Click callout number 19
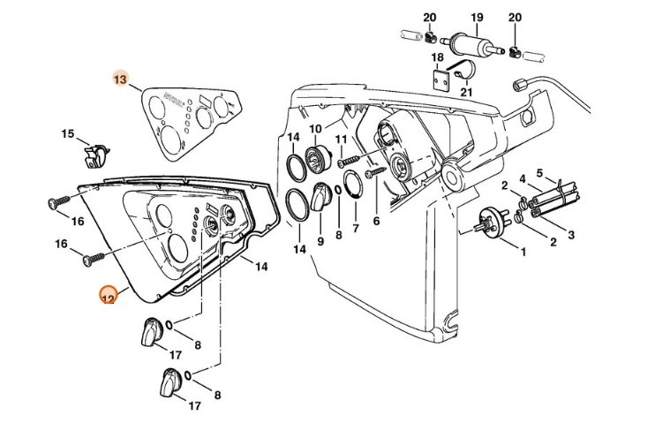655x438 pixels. [x=476, y=17]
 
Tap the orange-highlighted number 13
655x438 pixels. [x=120, y=79]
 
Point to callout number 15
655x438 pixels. [x=68, y=134]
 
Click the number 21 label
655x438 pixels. [x=467, y=92]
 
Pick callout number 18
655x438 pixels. [x=437, y=58]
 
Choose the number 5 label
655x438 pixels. [x=540, y=174]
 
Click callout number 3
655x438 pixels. [x=572, y=234]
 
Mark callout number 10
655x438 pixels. [x=315, y=130]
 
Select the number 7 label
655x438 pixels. [x=356, y=229]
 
